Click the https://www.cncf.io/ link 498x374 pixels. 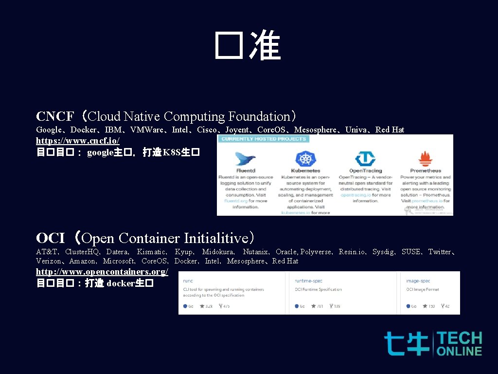(x=78, y=141)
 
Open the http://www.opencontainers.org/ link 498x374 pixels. (x=102, y=272)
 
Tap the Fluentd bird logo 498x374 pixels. (x=246, y=159)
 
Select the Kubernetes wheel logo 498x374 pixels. (x=305, y=159)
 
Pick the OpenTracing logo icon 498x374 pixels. (x=365, y=159)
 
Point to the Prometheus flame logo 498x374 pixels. (x=426, y=159)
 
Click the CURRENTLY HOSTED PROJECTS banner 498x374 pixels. (x=264, y=139)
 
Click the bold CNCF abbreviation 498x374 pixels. (x=55, y=117)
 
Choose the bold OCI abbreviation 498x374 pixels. (x=51, y=239)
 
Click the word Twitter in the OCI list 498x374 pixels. (x=440, y=252)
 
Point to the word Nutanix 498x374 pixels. (x=256, y=252)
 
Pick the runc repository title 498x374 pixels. (x=188, y=280)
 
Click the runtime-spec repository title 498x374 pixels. (x=309, y=280)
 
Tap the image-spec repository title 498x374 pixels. (x=418, y=280)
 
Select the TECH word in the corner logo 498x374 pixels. (x=460, y=338)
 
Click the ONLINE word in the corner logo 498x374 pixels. (x=460, y=351)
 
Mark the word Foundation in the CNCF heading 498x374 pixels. (x=259, y=117)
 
